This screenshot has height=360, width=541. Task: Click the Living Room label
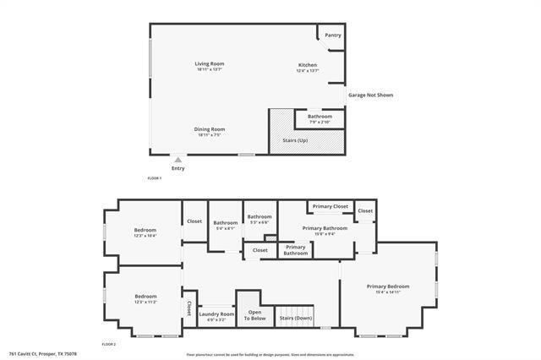point(210,64)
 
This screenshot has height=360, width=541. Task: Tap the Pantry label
point(333,35)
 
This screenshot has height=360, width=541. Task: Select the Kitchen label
point(307,66)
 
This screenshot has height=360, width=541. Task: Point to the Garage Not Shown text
point(371,95)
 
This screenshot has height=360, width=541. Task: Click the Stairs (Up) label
point(295,140)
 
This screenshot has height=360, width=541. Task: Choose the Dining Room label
point(210,129)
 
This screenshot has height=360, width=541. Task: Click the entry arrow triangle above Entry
point(178,159)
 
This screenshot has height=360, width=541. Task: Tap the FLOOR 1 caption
point(155,178)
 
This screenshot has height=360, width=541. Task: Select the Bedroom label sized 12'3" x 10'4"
point(145,230)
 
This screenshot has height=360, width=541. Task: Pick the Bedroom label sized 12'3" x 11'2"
point(145,297)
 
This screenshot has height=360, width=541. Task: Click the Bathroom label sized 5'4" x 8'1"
point(225,223)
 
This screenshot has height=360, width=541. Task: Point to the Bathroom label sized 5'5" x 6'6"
point(259,217)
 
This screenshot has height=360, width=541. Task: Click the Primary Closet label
point(330,206)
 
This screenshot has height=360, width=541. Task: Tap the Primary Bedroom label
point(388,287)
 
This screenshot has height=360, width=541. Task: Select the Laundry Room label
point(216,314)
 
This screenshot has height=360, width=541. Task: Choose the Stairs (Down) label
point(296,318)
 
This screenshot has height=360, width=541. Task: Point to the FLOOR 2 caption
point(108,344)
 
